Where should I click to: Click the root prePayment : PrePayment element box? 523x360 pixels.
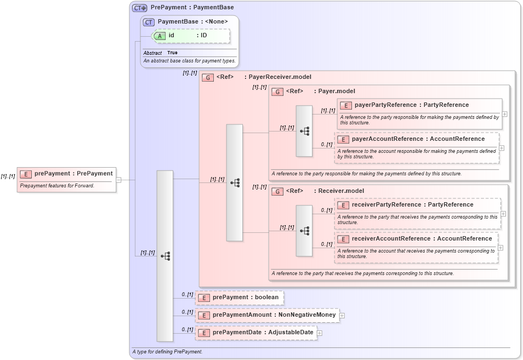(66, 174)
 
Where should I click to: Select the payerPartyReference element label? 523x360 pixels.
(411, 105)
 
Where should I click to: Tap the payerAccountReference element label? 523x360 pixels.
(418, 139)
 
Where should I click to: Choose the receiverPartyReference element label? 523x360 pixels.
(412, 204)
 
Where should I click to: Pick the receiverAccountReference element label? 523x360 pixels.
(422, 238)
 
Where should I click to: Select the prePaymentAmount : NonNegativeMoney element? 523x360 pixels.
(274, 315)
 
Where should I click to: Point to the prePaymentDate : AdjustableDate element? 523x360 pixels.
(263, 333)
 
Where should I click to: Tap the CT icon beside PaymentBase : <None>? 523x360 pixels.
(149, 22)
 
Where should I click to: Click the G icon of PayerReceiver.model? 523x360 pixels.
(208, 77)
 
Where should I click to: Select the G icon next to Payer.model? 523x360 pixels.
(277, 92)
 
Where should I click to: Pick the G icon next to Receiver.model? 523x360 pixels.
(277, 191)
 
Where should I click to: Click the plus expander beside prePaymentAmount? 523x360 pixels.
(342, 315)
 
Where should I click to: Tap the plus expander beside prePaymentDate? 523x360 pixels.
(320, 333)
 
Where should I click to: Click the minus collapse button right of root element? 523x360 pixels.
(118, 179)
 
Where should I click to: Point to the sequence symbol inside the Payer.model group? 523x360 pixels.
(304, 131)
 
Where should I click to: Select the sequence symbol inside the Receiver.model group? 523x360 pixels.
(304, 231)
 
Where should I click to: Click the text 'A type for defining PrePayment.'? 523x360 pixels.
(167, 351)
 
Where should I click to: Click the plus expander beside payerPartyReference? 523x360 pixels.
(504, 114)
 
